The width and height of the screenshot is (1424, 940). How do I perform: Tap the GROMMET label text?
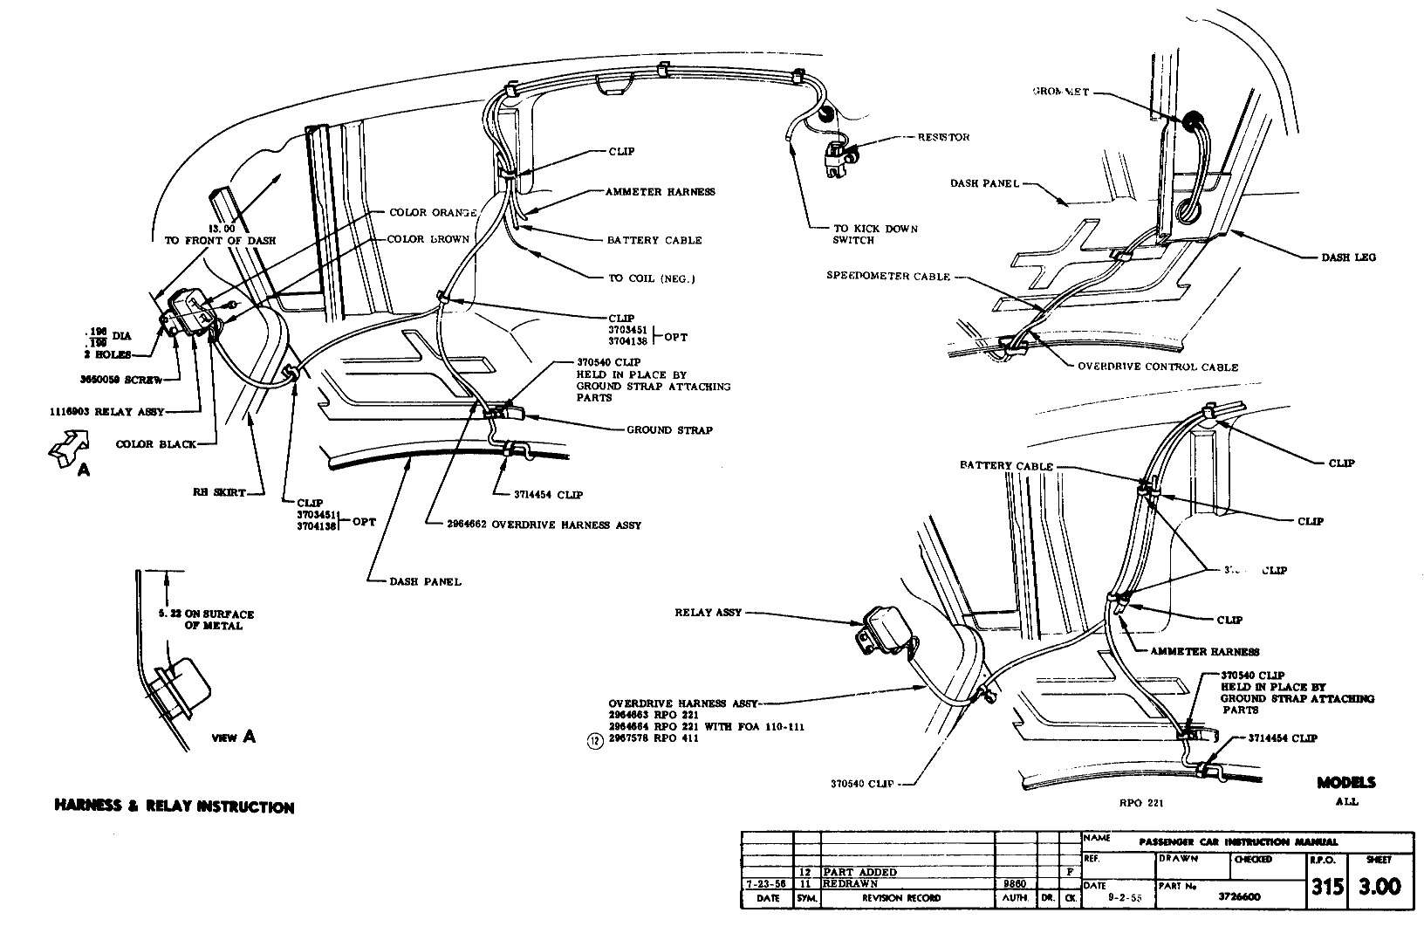[x=1060, y=92]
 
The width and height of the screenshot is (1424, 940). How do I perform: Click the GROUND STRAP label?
[x=669, y=429]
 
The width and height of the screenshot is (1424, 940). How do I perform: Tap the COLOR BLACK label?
[x=156, y=444]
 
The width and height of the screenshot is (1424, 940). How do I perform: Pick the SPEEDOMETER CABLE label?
[x=887, y=276]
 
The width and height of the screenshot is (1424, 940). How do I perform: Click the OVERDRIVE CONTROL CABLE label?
[x=1158, y=367]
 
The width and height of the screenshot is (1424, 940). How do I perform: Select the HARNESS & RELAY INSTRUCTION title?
[x=175, y=806]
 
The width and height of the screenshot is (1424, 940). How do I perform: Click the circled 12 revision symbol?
[x=595, y=742]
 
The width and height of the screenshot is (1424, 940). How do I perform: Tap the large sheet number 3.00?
[x=1379, y=887]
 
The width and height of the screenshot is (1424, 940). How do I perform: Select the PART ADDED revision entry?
[x=860, y=872]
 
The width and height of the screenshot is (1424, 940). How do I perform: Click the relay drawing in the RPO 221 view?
[x=882, y=631]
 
